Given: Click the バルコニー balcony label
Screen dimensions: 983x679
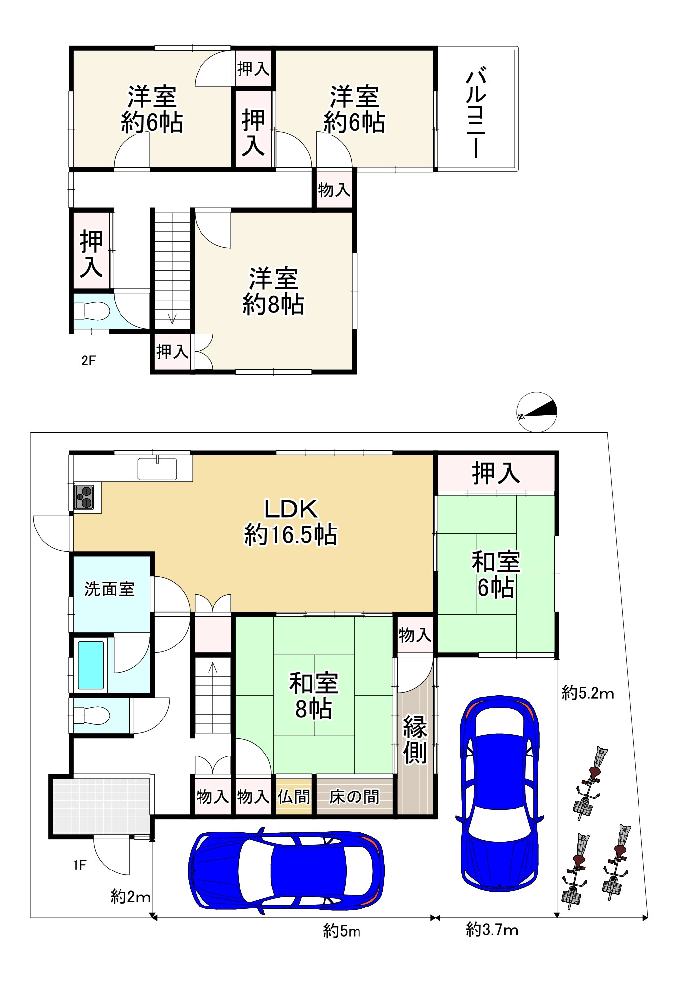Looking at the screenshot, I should coord(477,113).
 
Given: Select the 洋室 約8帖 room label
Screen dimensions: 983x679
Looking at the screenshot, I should coord(273,292).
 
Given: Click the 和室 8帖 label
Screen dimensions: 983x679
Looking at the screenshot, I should coord(314,696).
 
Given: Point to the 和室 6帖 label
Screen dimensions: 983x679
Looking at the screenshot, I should coord(495,575).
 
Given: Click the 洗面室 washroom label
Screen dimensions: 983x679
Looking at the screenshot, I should coord(110,589).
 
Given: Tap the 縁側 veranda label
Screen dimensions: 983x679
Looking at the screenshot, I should coord(415,739).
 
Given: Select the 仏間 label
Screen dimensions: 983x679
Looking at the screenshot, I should coord(293,796).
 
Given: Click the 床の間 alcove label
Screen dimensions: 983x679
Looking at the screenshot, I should coord(354,796).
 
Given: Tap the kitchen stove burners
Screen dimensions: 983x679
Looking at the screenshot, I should coord(84,497).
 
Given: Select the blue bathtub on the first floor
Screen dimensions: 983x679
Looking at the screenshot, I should coord(91,665).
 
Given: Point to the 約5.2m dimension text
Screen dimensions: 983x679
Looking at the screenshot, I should coord(588,694).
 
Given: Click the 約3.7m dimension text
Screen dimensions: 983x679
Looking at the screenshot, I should coord(492,930).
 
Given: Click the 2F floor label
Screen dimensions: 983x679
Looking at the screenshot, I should coord(88,361).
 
